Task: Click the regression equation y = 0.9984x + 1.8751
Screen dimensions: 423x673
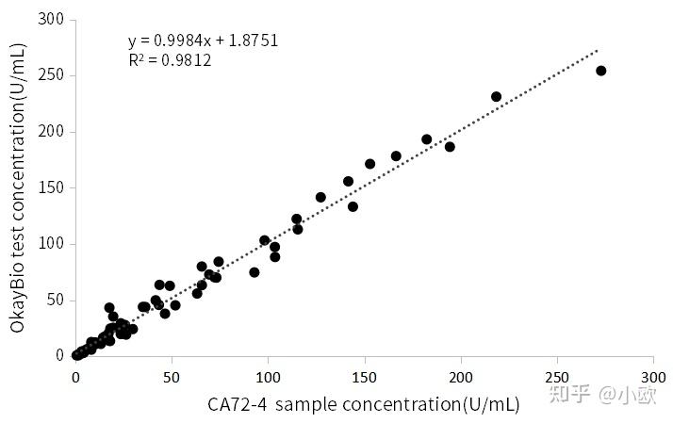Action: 203,41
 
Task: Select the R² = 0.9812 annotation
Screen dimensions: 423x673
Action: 170,60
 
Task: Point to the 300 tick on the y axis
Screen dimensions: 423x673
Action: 51,19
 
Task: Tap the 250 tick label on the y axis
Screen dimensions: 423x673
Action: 51,75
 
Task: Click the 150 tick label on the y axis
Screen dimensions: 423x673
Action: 51,187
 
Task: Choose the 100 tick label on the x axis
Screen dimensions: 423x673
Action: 268,375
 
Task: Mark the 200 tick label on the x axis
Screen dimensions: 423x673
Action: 460,375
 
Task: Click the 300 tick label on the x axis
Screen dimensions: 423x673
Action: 652,375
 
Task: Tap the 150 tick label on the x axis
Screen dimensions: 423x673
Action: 364,375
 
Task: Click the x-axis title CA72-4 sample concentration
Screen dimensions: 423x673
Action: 364,404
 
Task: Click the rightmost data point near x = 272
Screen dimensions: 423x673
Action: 600,71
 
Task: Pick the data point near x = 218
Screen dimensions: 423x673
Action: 496,96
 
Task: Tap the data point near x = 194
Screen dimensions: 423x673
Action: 450,147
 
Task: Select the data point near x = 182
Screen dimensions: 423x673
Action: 426,139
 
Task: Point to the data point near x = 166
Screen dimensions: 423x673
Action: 396,156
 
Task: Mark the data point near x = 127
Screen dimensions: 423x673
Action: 320,197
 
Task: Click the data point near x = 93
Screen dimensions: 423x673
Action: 254,272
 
